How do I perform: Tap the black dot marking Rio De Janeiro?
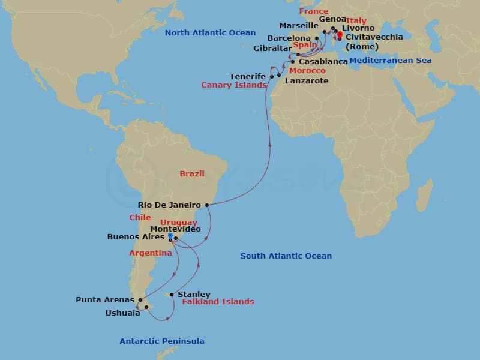(207, 205)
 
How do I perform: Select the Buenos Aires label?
(136, 237)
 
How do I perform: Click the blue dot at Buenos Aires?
(170, 236)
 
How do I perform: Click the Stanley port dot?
(172, 295)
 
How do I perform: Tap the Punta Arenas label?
(104, 299)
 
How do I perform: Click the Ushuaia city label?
(122, 313)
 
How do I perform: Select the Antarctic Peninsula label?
(162, 341)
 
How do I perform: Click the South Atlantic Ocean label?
(286, 256)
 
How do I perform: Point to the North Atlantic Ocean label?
(210, 33)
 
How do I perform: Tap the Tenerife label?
(248, 76)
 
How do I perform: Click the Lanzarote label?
(307, 80)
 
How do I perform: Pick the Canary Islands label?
(233, 85)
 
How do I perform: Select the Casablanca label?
(323, 62)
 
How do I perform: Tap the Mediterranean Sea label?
(390, 61)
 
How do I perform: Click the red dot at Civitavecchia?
(340, 34)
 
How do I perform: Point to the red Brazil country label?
(192, 174)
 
